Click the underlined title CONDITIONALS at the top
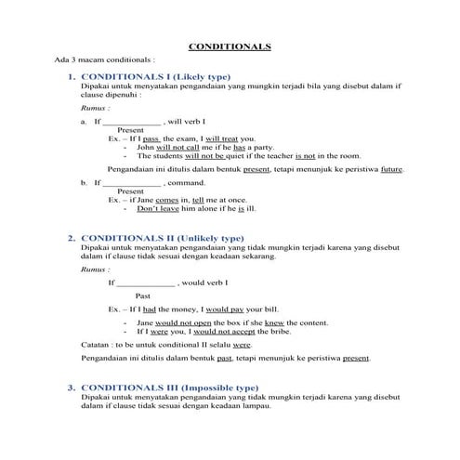230,44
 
